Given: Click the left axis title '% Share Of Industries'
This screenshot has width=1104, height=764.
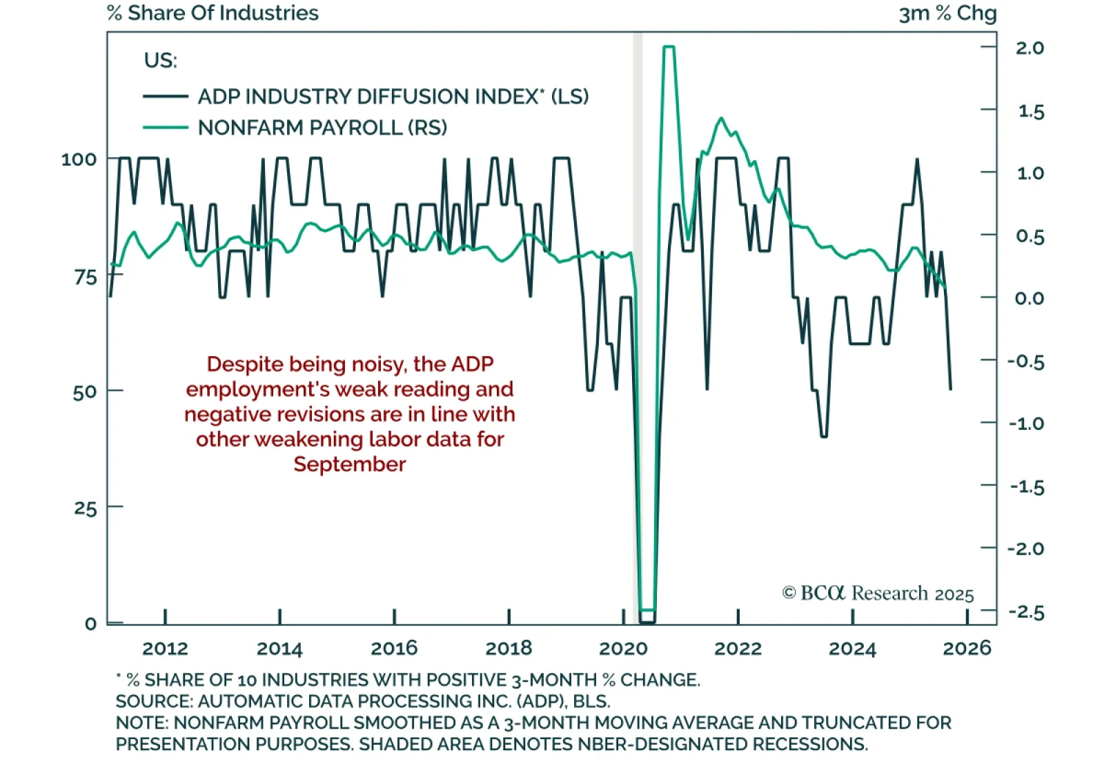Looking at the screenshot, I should (x=213, y=13).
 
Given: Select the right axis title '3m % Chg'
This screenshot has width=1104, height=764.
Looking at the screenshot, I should (x=947, y=13).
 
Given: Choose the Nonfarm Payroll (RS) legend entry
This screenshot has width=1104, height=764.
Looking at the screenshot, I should (x=322, y=128).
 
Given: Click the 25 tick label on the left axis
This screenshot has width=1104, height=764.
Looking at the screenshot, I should (x=85, y=509).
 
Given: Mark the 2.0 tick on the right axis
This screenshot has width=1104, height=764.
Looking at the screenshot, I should (x=1029, y=48).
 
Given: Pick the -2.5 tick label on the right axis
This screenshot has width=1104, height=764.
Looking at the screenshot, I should (x=1026, y=612).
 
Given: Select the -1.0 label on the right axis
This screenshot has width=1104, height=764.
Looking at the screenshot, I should (x=1026, y=424).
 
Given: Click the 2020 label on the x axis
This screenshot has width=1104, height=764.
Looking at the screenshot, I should (x=623, y=649).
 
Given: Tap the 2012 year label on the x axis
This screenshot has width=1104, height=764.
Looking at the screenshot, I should (x=165, y=649).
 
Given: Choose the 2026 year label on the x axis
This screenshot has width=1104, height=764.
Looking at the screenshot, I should (x=967, y=649).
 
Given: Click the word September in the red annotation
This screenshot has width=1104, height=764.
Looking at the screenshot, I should (x=349, y=464).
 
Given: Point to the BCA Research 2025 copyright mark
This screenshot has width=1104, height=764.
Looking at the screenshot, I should (x=878, y=594).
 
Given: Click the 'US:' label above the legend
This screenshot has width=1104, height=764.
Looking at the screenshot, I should (x=160, y=61).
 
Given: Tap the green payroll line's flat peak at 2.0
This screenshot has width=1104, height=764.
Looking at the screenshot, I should (x=669, y=47).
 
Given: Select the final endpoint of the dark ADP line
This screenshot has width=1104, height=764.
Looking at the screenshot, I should (x=951, y=389).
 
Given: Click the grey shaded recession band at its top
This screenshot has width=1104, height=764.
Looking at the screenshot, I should (x=638, y=38).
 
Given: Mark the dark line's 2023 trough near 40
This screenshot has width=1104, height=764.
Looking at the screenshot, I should (x=824, y=436).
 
